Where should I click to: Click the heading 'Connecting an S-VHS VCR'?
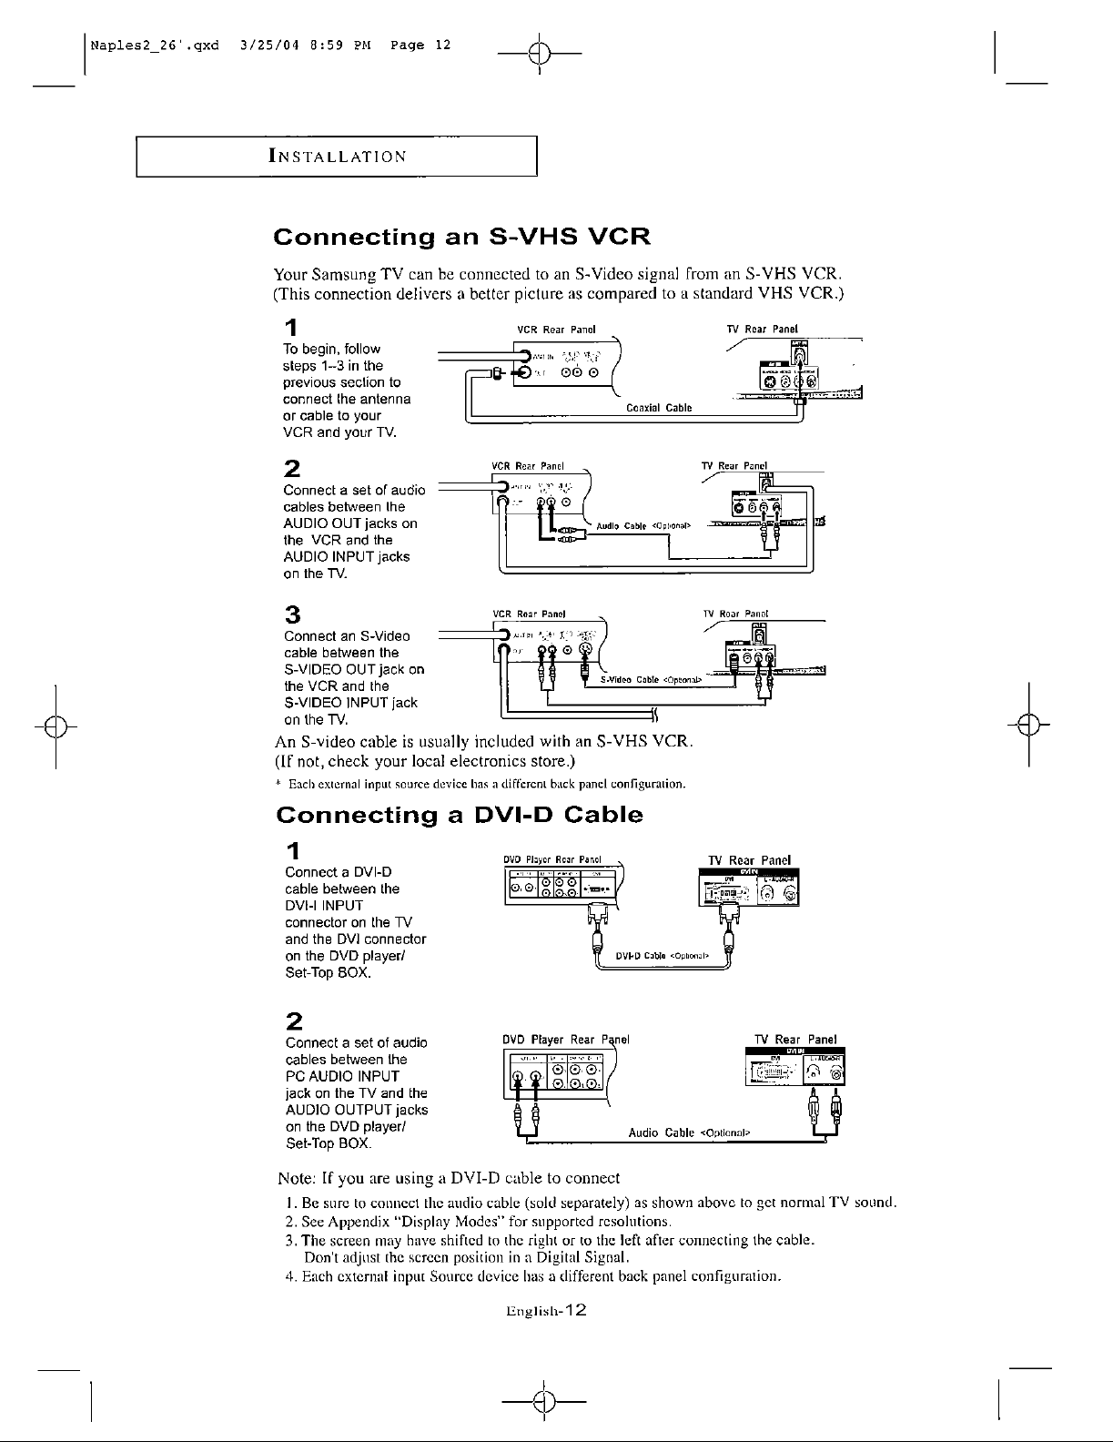462,239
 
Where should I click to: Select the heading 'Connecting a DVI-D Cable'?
459,814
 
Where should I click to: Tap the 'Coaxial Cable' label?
659,408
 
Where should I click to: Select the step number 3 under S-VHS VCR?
293,614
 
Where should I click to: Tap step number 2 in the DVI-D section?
294,1020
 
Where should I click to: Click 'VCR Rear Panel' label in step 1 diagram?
555,329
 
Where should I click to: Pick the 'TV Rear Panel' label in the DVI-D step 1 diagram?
749,859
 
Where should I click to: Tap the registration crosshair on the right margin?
1028,725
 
